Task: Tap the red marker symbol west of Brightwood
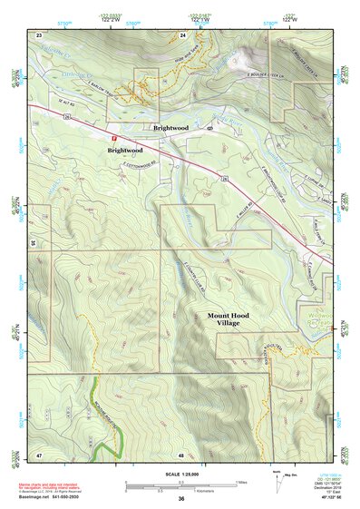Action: point(114,139)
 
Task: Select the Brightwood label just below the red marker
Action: point(125,150)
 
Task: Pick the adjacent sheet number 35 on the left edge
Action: point(33,243)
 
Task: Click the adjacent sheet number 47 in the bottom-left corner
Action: point(39,453)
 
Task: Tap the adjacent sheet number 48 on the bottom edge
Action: point(181,454)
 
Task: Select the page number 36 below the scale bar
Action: point(181,499)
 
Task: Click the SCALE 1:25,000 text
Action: point(180,475)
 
